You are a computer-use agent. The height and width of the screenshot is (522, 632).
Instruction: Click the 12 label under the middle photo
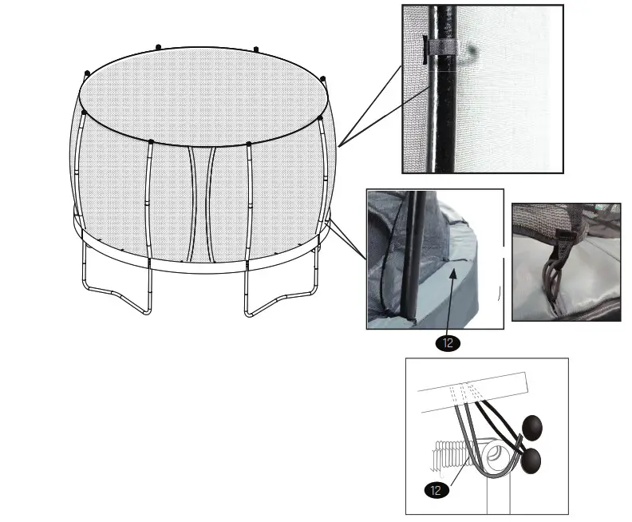448,344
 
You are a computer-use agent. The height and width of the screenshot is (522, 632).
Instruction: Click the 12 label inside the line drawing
436,490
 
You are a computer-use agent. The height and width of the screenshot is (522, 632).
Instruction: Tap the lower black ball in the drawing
530,460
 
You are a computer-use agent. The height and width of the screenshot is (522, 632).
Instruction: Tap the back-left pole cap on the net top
157,47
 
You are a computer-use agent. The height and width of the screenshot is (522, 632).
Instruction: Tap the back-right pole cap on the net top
255,49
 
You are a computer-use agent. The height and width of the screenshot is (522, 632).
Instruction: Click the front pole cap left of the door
150,142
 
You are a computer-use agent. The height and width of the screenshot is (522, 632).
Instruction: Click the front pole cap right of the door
249,144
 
